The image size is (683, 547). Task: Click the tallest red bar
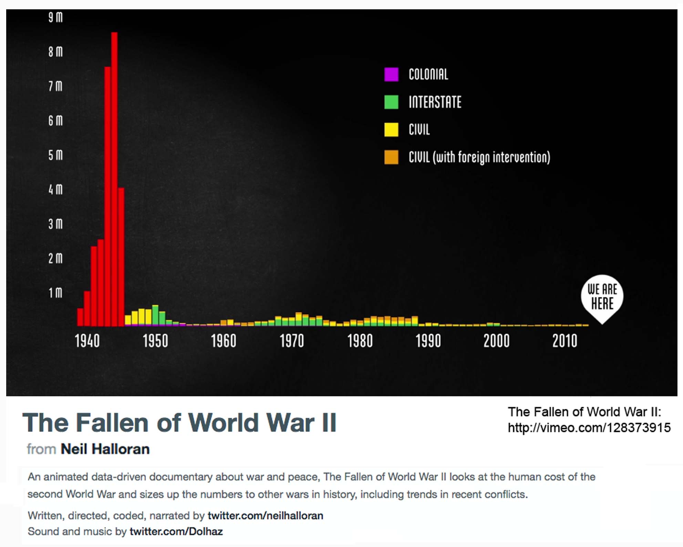click(x=114, y=179)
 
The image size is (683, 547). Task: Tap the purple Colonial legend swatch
click(x=391, y=74)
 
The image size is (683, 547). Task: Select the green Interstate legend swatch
click(x=391, y=102)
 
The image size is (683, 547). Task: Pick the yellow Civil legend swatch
click(x=391, y=130)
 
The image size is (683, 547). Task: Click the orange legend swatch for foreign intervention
click(x=391, y=157)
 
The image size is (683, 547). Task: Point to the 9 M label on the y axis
click(x=55, y=17)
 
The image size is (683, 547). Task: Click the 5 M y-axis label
click(x=55, y=155)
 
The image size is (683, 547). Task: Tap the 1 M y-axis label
click(x=55, y=293)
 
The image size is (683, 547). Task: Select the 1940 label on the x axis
click(x=87, y=341)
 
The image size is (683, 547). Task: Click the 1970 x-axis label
click(x=292, y=341)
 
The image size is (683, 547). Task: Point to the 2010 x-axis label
click(x=565, y=341)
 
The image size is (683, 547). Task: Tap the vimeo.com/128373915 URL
click(x=589, y=428)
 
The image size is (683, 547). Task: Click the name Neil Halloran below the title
click(x=105, y=449)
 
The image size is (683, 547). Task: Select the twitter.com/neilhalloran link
click(x=265, y=516)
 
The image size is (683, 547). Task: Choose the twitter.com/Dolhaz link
click(x=176, y=531)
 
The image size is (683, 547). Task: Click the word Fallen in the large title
click(x=112, y=423)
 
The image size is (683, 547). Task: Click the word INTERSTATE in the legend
click(x=435, y=102)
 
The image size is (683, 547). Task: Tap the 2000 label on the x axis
click(x=496, y=341)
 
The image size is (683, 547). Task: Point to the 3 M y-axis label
click(x=55, y=224)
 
